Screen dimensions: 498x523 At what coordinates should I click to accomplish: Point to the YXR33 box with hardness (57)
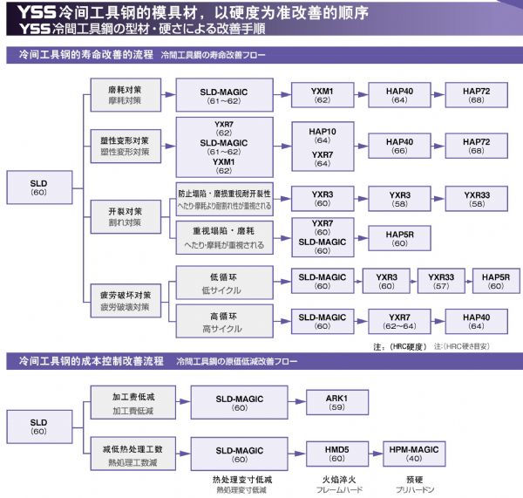pos(441,282)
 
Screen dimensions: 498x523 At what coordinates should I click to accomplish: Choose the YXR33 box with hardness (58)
pos(477,199)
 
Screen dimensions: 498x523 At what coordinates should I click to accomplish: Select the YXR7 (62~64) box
pos(399,321)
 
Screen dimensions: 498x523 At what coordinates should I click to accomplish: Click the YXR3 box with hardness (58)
pos(399,199)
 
